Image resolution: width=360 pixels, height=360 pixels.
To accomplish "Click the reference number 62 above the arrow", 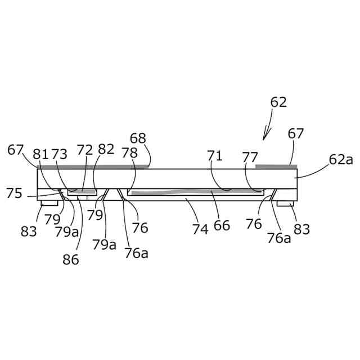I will (x=278, y=102).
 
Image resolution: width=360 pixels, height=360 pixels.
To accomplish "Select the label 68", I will (x=138, y=138).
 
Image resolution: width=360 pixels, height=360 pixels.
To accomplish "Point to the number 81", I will (x=41, y=154).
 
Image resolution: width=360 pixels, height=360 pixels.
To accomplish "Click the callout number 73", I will (x=60, y=154).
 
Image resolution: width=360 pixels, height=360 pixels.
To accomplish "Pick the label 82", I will (x=106, y=149).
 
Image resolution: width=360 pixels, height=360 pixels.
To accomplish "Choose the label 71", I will (x=214, y=156).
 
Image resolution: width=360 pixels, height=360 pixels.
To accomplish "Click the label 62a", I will (x=341, y=160).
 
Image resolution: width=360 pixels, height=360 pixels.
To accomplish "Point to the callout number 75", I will (x=15, y=193).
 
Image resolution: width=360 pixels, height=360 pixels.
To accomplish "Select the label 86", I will (x=71, y=259).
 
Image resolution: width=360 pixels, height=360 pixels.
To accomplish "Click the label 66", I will (x=222, y=226).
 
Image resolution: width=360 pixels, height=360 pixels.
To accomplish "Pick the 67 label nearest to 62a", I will (x=296, y=134).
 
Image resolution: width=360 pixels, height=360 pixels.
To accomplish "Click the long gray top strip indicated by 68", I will (x=93, y=166).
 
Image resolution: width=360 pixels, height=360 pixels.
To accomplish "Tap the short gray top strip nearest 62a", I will (x=276, y=166).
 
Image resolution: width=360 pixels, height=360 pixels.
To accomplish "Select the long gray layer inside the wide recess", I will (x=197, y=192).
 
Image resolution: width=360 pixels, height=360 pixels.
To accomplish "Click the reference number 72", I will (x=85, y=150).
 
